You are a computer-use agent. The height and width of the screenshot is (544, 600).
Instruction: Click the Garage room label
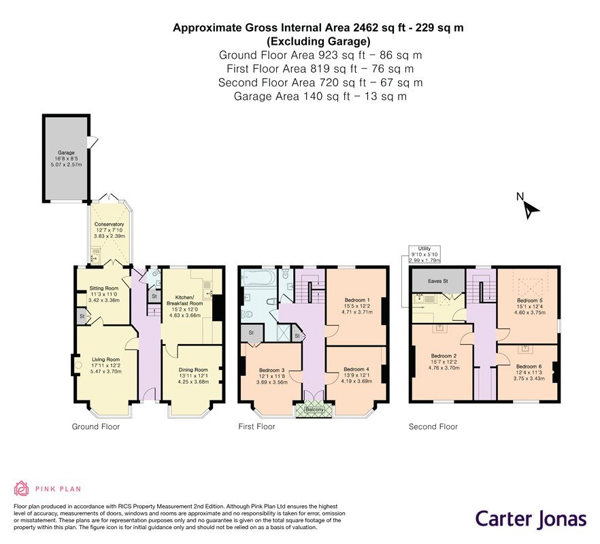pyautogui.click(x=66, y=152)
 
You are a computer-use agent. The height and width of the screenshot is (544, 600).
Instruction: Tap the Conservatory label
pyautogui.click(x=109, y=224)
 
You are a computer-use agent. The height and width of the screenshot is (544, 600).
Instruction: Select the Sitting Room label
pyautogui.click(x=103, y=288)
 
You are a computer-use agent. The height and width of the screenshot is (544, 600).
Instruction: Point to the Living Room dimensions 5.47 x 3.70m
pyautogui.click(x=106, y=371)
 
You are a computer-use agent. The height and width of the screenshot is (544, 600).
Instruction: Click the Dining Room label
pyautogui.click(x=193, y=369)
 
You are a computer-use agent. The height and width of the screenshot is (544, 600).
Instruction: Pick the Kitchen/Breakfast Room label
pyautogui.click(x=184, y=301)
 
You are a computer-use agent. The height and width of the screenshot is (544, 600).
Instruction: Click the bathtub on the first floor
pyautogui.click(x=259, y=277)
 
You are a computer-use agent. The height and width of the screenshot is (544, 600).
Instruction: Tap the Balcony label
pyautogui.click(x=314, y=410)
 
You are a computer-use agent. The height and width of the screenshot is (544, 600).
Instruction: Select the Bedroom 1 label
pyautogui.click(x=357, y=300)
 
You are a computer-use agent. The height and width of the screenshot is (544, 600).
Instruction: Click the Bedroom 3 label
pyautogui.click(x=271, y=370)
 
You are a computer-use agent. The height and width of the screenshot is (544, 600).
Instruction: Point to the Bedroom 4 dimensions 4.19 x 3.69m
pyautogui.click(x=356, y=381)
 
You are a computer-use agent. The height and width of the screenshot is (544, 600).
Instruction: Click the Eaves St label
pyautogui.click(x=438, y=281)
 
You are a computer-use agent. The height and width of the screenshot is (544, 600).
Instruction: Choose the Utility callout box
pyautogui.click(x=424, y=254)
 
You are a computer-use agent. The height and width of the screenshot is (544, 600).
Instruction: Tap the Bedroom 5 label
pyautogui.click(x=529, y=301)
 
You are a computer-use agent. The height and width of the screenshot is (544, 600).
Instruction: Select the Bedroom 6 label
pyautogui.click(x=529, y=367)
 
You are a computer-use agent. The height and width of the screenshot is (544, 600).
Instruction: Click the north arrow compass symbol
pyautogui.click(x=529, y=209)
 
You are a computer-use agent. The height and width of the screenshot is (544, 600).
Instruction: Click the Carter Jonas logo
pyautogui.click(x=531, y=519)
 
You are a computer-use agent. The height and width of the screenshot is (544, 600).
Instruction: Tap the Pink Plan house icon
pyautogui.click(x=22, y=488)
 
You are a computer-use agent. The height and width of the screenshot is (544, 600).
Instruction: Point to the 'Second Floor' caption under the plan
pyautogui.click(x=433, y=426)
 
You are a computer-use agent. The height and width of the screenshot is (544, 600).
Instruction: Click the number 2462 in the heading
pyautogui.click(x=366, y=28)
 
